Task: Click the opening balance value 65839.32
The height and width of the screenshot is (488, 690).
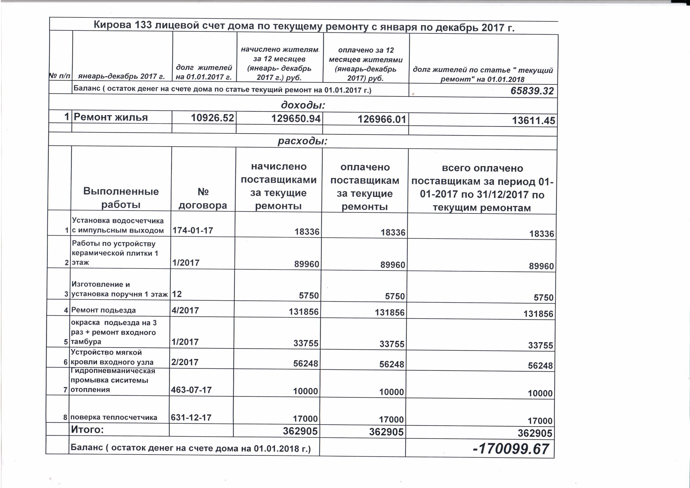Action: pos(532,91)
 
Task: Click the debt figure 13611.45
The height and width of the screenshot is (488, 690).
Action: pos(533,121)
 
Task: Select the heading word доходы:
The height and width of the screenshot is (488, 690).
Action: pos(303,105)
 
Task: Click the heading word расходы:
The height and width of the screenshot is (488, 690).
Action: pos(302,141)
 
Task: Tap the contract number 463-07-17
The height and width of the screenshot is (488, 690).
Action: pos(191,390)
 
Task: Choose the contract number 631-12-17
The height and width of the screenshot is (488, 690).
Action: pos(191,418)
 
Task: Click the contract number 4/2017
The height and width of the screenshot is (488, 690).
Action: pos(185,310)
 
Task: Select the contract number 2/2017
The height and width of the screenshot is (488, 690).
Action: pos(185,362)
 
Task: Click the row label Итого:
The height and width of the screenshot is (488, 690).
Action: pos(87,429)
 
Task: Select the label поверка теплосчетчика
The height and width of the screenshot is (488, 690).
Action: pos(114,417)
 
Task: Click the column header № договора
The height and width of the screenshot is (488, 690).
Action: pos(203,199)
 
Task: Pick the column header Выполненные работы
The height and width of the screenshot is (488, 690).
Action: pos(121,198)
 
